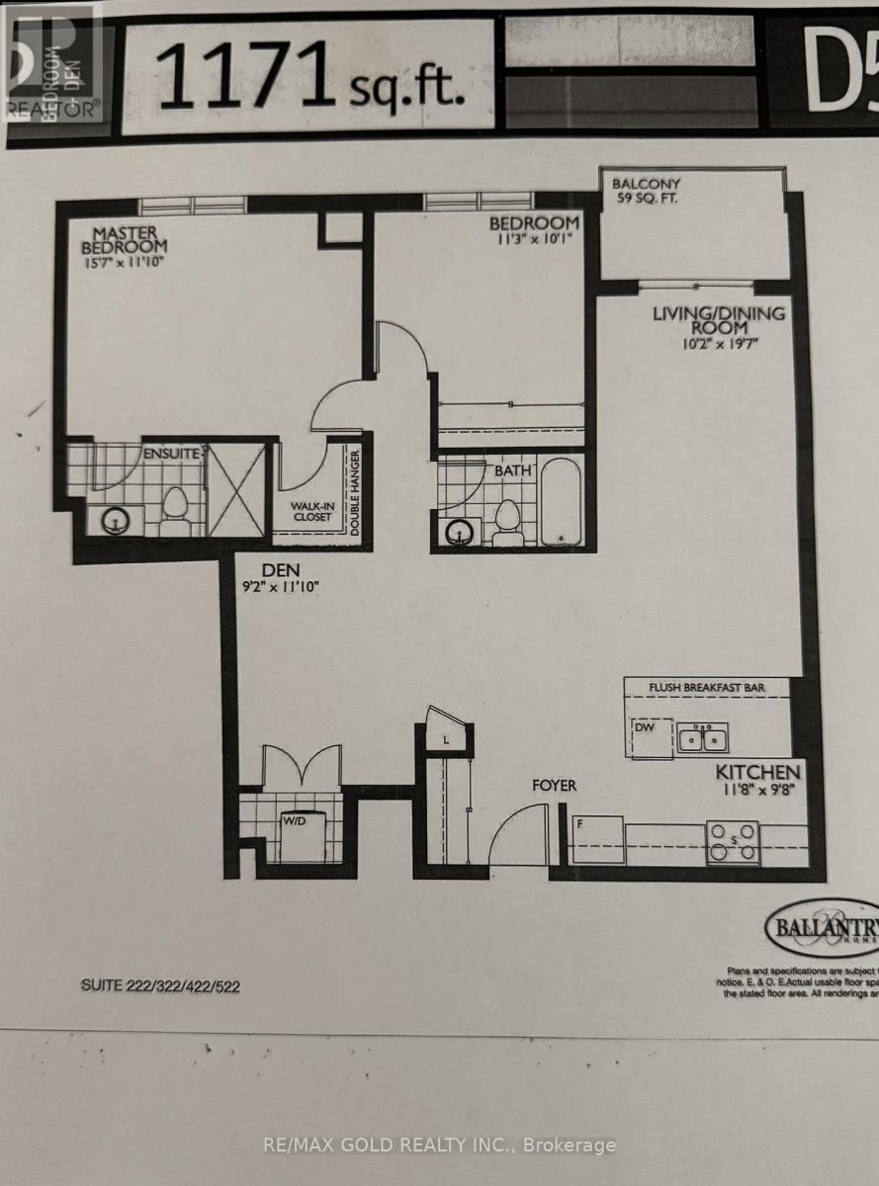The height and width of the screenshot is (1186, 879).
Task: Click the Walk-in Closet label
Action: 311,511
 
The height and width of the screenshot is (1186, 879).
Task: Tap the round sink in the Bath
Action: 459,531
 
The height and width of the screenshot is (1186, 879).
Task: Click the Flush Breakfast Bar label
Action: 705,687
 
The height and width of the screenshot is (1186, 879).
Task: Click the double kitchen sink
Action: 703,737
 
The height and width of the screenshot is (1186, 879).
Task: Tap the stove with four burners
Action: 732,842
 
